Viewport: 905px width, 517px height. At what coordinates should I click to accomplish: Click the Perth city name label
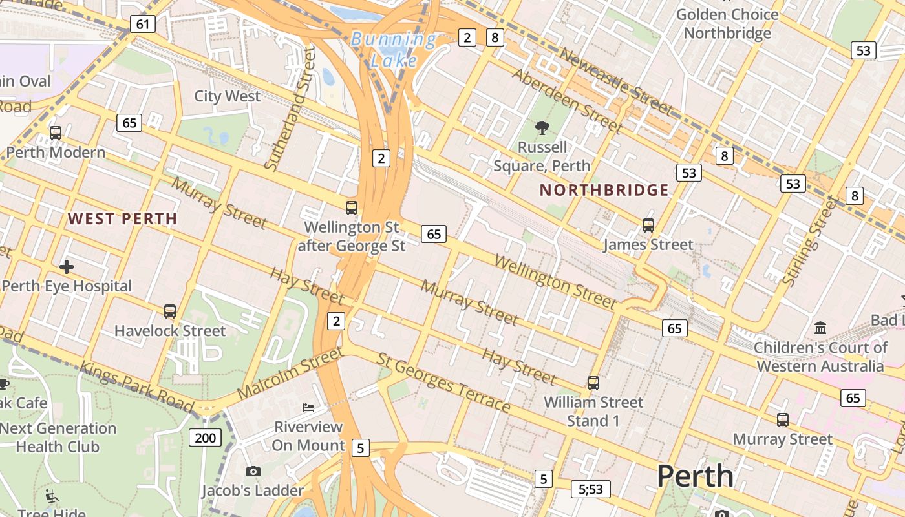(696, 476)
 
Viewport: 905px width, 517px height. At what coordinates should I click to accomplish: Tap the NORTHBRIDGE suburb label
(604, 190)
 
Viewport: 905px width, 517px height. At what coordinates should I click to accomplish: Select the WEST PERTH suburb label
(122, 218)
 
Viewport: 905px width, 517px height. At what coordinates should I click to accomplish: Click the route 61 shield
(142, 25)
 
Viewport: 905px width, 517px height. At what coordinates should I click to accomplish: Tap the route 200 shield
(205, 438)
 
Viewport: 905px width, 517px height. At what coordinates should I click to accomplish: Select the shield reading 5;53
(590, 489)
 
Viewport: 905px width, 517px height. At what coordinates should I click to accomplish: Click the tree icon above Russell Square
(542, 128)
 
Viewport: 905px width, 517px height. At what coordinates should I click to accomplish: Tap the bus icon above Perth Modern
(56, 133)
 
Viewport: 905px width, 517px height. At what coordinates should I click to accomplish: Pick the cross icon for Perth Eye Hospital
(66, 266)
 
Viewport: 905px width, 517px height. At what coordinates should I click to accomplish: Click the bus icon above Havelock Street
(170, 311)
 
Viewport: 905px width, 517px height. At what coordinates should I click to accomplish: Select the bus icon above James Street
(648, 226)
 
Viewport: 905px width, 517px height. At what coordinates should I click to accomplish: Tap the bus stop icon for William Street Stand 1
(593, 383)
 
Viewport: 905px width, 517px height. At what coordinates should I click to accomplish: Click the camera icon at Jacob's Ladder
(253, 471)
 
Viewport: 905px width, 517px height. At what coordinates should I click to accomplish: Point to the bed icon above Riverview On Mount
(308, 407)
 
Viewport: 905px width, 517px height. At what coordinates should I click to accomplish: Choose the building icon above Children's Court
(820, 328)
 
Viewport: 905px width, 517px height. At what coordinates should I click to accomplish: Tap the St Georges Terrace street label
(444, 383)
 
